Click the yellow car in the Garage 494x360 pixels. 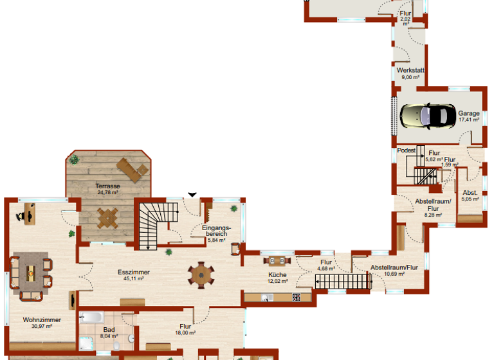coord(425,116)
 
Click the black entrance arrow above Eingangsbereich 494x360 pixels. coord(192,194)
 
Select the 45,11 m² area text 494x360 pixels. coord(133,278)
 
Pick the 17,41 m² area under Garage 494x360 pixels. coord(468,120)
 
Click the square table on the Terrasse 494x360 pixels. coord(107,217)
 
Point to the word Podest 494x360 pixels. coord(407,149)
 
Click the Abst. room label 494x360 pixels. coord(470,192)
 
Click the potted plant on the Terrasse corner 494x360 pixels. coord(75,159)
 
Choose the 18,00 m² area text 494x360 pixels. coord(186,333)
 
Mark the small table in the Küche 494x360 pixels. coord(277,260)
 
